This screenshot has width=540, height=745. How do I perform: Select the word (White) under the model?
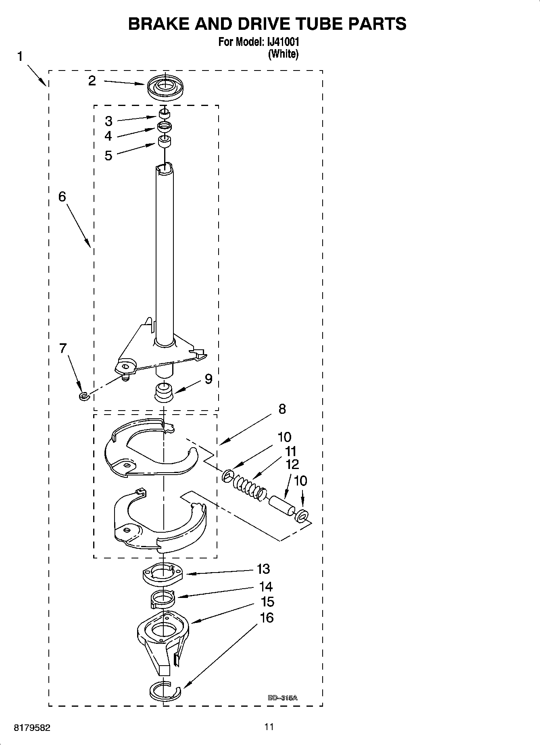coord(283,54)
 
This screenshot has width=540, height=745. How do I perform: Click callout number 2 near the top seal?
coord(92,81)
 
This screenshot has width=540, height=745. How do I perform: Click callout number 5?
coord(108,156)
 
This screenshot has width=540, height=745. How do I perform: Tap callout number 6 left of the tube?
coord(62,197)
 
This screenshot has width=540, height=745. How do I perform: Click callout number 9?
coord(208,379)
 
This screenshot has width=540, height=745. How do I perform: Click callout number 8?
coord(282,409)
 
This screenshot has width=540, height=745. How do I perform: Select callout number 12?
coord(292,464)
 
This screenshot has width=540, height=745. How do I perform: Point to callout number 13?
coord(263,569)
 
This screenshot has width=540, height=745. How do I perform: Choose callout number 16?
coord(267,618)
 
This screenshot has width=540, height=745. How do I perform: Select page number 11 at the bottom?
coord(269,727)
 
